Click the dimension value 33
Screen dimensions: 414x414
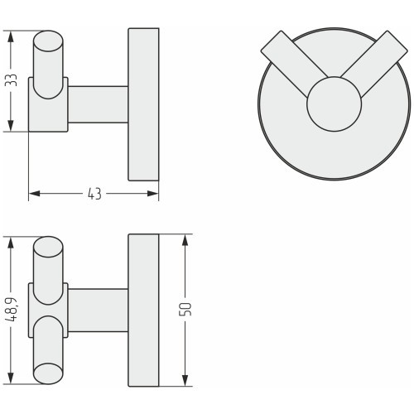click(12, 80)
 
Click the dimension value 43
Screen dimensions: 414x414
click(94, 194)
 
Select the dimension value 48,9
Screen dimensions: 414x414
click(12, 310)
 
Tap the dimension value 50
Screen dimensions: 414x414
click(185, 310)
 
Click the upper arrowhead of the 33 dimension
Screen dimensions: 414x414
click(11, 36)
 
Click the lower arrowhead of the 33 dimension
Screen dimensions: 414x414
click(11, 126)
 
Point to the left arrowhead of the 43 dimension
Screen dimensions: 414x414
click(35, 194)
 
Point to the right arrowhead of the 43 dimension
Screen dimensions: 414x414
click(152, 194)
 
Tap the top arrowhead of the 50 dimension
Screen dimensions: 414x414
click(185, 240)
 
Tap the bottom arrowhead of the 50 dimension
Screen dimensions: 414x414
click(185, 380)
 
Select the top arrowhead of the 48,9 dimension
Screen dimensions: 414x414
click(11, 243)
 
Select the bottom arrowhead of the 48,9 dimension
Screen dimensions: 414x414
click(11, 378)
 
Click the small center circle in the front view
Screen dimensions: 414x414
click(334, 103)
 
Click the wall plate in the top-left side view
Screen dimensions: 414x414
click(143, 104)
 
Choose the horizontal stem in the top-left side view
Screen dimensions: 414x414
click(98, 104)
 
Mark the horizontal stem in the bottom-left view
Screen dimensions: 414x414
click(98, 310)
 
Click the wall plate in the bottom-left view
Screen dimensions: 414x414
click(143, 310)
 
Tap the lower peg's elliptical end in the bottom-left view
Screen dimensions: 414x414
click(48, 373)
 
